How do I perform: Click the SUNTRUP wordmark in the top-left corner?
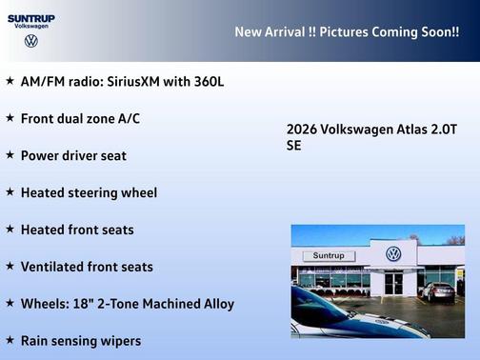coord(31,17)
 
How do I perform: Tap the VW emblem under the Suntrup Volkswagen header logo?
coord(31,41)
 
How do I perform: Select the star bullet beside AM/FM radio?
coord(10,81)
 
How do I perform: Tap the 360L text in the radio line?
coord(208,82)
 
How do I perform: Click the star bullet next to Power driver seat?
coord(10,155)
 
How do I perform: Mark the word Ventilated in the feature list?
coord(51,267)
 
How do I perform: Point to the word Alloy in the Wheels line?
coord(216,304)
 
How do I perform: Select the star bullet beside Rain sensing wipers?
coord(10,340)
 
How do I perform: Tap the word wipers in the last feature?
coord(119,341)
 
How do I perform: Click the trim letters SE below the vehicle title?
coord(294,147)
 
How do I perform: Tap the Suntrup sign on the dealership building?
coord(328,256)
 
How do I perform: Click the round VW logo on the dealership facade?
coord(393,254)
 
